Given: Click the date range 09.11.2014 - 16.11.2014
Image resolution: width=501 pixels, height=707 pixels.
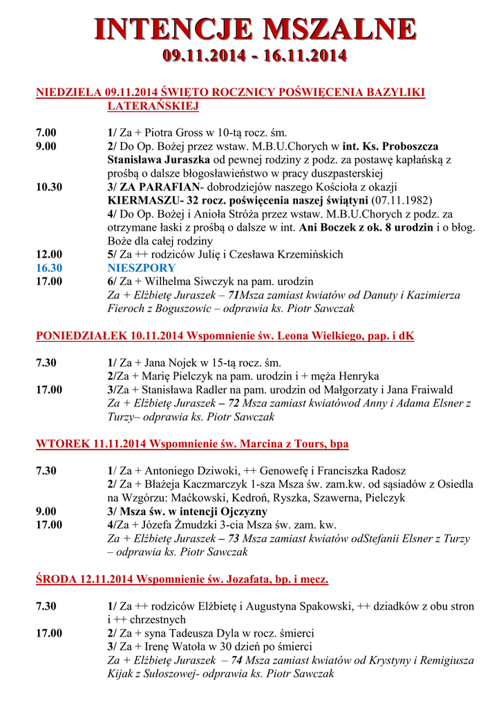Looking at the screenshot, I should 254,56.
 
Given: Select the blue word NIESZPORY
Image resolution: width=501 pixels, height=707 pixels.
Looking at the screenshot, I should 142,268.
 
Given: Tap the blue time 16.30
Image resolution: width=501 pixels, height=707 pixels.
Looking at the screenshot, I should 49,268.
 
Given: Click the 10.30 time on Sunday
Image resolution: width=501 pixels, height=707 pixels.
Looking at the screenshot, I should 49,187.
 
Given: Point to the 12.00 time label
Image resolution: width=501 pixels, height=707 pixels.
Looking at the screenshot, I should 49,255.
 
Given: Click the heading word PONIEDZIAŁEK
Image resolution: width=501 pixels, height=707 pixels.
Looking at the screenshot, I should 81,336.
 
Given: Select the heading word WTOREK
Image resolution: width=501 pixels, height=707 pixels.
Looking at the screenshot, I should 62,444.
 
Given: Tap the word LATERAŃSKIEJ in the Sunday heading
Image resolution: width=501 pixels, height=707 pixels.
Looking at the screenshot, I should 153,106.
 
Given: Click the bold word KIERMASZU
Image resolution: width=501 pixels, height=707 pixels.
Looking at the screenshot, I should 141,200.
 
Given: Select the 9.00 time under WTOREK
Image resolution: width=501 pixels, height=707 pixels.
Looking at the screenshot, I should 46,512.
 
